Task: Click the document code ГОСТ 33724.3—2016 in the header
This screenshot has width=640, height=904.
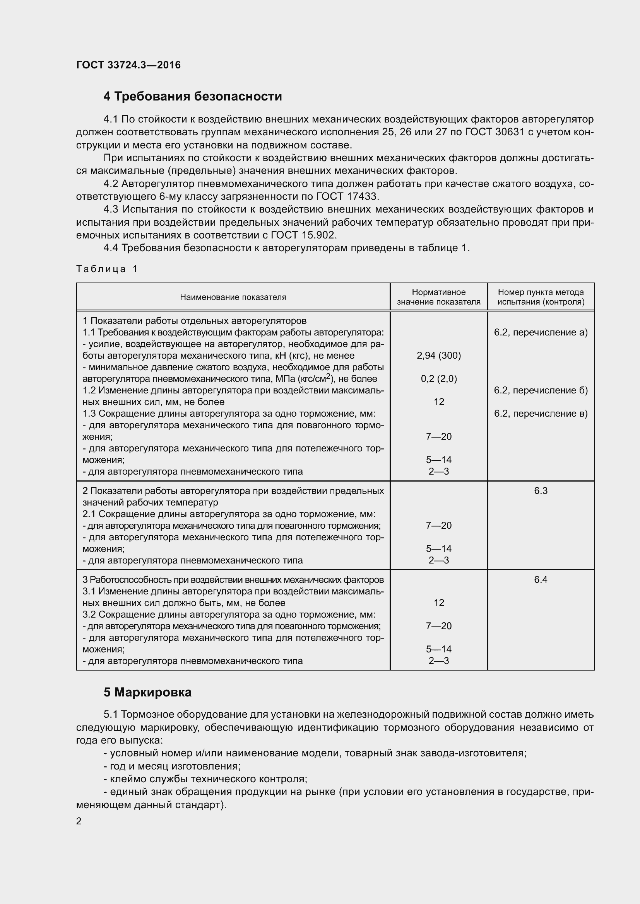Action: (x=128, y=65)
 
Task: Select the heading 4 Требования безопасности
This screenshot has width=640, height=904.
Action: (x=192, y=97)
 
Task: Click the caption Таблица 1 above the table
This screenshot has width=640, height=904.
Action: (x=107, y=269)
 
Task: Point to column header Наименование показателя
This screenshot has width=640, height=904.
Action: (x=233, y=297)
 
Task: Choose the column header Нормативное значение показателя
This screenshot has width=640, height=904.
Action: (x=439, y=297)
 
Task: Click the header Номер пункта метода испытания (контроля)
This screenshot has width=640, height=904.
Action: (x=541, y=297)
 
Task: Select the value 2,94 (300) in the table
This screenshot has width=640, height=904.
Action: (x=439, y=356)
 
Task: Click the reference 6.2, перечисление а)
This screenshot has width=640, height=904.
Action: (x=541, y=332)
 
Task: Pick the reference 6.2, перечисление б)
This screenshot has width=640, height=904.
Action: (x=541, y=390)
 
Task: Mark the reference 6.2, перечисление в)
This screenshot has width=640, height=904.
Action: (x=541, y=414)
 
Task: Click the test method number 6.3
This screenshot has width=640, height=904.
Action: (x=541, y=490)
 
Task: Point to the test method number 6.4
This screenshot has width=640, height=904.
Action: (x=541, y=580)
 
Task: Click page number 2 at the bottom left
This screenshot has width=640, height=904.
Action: (x=79, y=821)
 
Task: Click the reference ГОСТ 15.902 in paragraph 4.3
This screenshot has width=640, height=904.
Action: (x=303, y=235)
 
